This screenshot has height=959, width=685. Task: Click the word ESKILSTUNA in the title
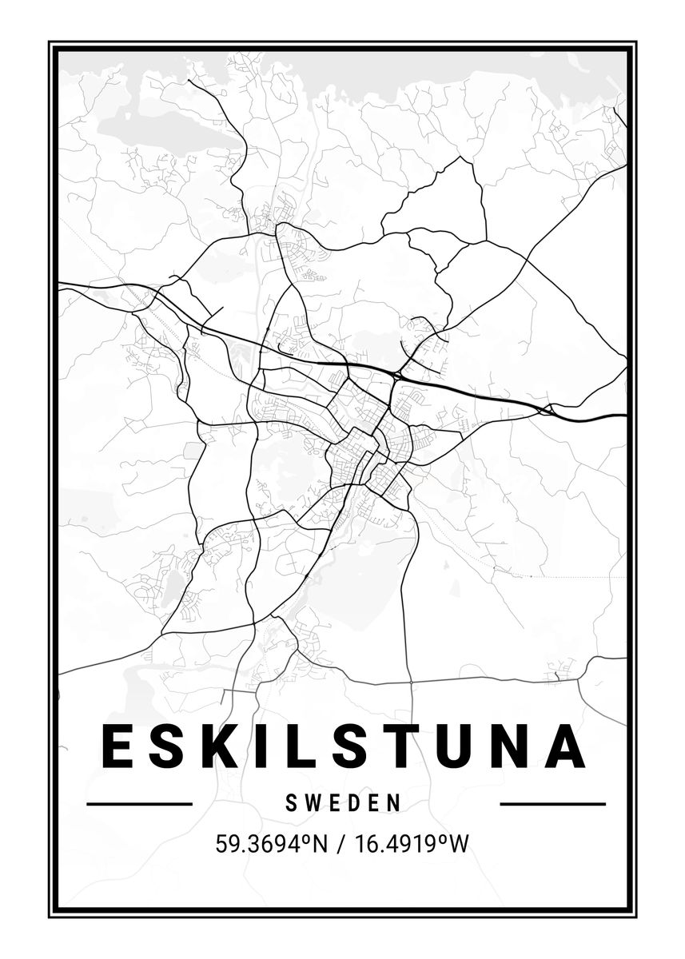pos(343,746)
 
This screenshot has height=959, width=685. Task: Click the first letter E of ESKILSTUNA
pos(117,746)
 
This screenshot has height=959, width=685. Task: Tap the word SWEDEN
pos(343,803)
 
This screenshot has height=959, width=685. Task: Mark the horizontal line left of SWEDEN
pos(139,804)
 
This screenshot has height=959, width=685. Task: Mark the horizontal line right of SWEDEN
pos(552,804)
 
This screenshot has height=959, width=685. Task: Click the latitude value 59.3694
pos(256,843)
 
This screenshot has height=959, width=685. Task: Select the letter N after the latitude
pos(319,843)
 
